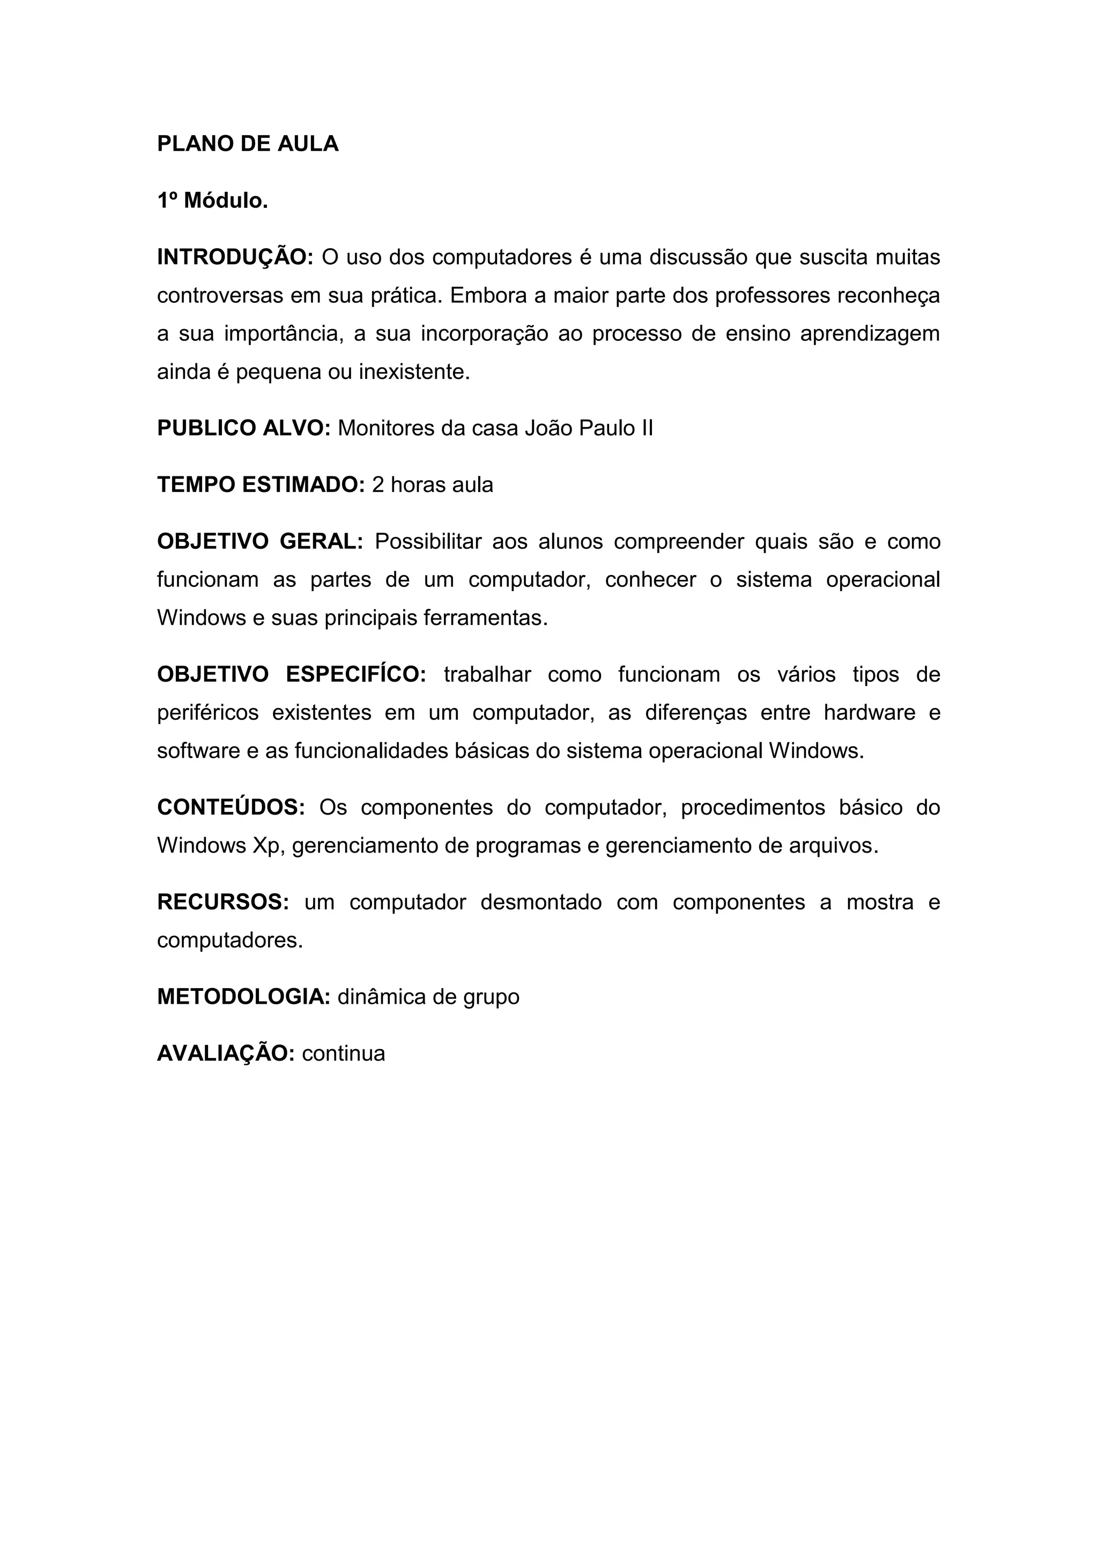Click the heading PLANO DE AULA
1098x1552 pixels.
[x=248, y=144]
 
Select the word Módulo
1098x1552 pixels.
[x=226, y=201]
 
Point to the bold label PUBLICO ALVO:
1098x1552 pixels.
[x=243, y=428]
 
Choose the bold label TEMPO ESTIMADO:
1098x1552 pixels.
[x=261, y=484]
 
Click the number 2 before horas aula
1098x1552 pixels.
[x=378, y=484]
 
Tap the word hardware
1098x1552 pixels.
[x=870, y=712]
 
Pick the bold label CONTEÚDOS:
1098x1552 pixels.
[x=231, y=807]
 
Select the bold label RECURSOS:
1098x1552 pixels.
[x=223, y=902]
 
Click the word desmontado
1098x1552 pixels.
[x=541, y=902]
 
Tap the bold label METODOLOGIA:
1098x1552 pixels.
[x=243, y=996]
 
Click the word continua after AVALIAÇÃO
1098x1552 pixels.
[x=344, y=1053]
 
